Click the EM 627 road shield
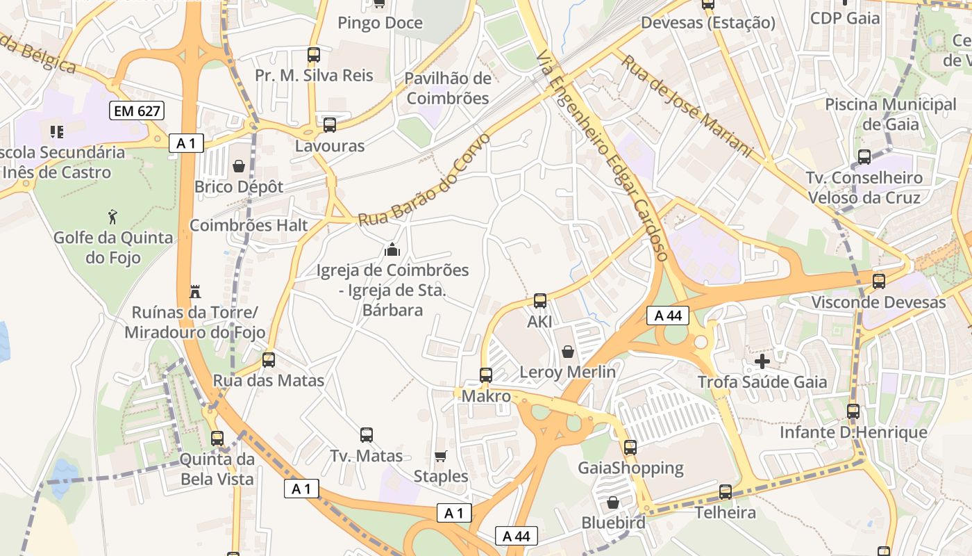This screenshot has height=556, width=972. point(136,110)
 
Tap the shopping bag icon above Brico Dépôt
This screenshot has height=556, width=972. point(239,166)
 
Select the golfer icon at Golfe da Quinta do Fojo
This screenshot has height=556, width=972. point(113,217)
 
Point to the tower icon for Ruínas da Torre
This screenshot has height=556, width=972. point(195,291)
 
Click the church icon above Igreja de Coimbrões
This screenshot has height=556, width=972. point(392,250)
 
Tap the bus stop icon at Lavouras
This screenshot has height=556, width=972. point(330,125)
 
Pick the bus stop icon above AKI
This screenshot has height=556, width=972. point(540,301)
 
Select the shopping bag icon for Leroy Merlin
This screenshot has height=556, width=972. point(568,351)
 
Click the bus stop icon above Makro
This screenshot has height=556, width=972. point(486,375)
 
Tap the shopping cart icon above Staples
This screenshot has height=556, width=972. point(440,456)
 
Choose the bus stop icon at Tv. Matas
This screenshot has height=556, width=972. point(367,435)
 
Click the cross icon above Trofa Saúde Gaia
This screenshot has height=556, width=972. point(762,361)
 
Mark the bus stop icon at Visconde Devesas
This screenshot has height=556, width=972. point(879,281)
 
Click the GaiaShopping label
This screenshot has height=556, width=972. point(631,468)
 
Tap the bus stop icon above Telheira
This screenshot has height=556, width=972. point(726,492)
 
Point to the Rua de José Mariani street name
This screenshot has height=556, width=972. point(686,106)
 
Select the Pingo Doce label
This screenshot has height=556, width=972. point(380,23)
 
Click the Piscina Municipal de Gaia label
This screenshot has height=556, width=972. point(891,115)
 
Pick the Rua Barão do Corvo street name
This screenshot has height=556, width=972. point(424,181)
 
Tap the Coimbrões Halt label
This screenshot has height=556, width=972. point(249,225)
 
